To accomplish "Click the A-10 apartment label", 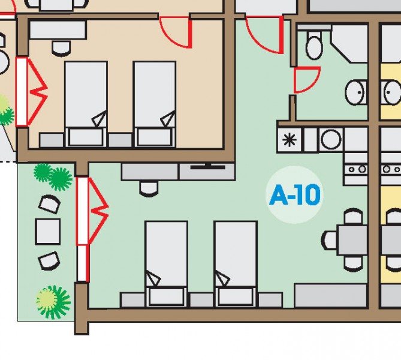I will pos(295,195).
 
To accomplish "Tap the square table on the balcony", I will pos(47,231).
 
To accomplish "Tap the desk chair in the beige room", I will pos(61,47).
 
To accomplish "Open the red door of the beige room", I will pos(176,33).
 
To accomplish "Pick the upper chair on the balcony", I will pos(49,205).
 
